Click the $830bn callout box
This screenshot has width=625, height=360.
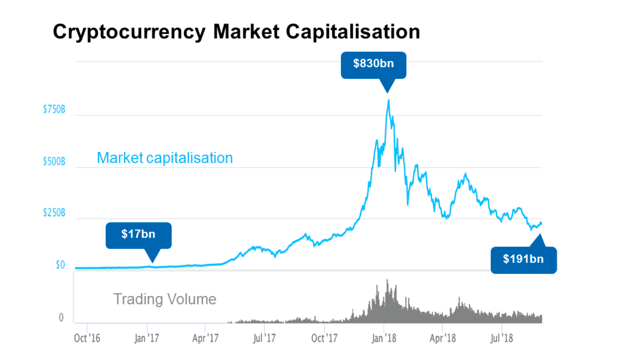click(373, 64)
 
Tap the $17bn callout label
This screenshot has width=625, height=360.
click(138, 234)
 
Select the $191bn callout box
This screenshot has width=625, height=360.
click(523, 259)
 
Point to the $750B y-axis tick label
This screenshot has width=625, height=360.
click(54, 109)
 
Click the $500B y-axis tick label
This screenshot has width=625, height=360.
click(54, 161)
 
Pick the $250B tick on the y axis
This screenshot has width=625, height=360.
click(54, 213)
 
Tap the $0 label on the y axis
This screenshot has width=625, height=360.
click(60, 265)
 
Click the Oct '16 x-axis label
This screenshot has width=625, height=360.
click(87, 338)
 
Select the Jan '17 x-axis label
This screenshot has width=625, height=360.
click(146, 338)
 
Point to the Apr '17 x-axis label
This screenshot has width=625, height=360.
click(205, 338)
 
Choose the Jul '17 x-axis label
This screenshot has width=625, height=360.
click(264, 338)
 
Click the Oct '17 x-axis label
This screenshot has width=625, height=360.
click(324, 338)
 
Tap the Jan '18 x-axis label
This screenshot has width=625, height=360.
click(384, 338)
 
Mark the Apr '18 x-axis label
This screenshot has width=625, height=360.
click(442, 338)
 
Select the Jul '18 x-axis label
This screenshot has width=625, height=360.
click(502, 338)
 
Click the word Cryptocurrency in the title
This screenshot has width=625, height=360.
click(129, 32)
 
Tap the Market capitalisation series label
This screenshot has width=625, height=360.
click(164, 158)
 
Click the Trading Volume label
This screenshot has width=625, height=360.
click(164, 299)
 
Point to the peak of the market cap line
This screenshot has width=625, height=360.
click(388, 100)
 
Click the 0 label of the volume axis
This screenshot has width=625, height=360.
click(61, 318)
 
